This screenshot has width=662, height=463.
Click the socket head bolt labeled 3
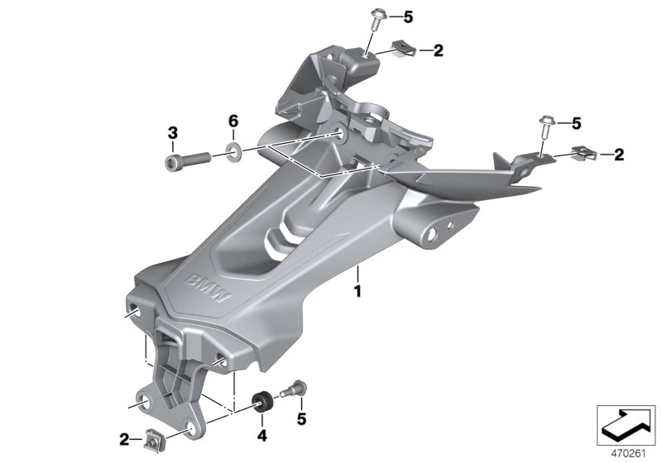187,160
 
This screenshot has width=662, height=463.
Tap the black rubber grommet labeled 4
262,402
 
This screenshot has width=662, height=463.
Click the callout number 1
357,291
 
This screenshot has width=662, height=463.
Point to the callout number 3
173,134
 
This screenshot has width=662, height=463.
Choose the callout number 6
233,122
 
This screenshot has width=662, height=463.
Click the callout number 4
262,436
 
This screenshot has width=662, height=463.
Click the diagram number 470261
629,454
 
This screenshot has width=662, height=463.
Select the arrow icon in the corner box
626,425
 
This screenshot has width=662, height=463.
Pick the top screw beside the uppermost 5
377,19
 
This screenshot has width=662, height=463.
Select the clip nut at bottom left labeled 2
152,441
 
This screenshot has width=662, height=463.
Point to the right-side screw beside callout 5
545,126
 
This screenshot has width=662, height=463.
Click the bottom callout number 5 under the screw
301,418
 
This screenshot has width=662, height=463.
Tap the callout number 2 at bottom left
124,440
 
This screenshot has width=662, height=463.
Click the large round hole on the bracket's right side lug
431,235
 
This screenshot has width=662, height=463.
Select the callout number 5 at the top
408,17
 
